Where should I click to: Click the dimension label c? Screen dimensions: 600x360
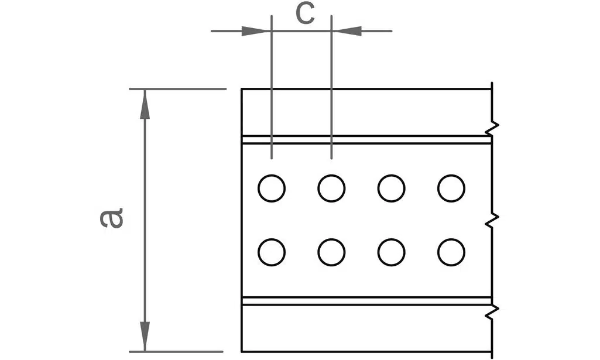(306, 15)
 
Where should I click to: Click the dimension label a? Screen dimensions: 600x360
(111, 218)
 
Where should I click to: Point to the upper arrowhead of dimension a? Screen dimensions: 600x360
(145, 104)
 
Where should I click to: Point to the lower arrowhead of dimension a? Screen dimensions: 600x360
(145, 336)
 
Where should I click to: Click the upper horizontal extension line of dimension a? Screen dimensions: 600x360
(177, 89)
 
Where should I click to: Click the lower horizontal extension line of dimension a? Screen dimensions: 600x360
(176, 352)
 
